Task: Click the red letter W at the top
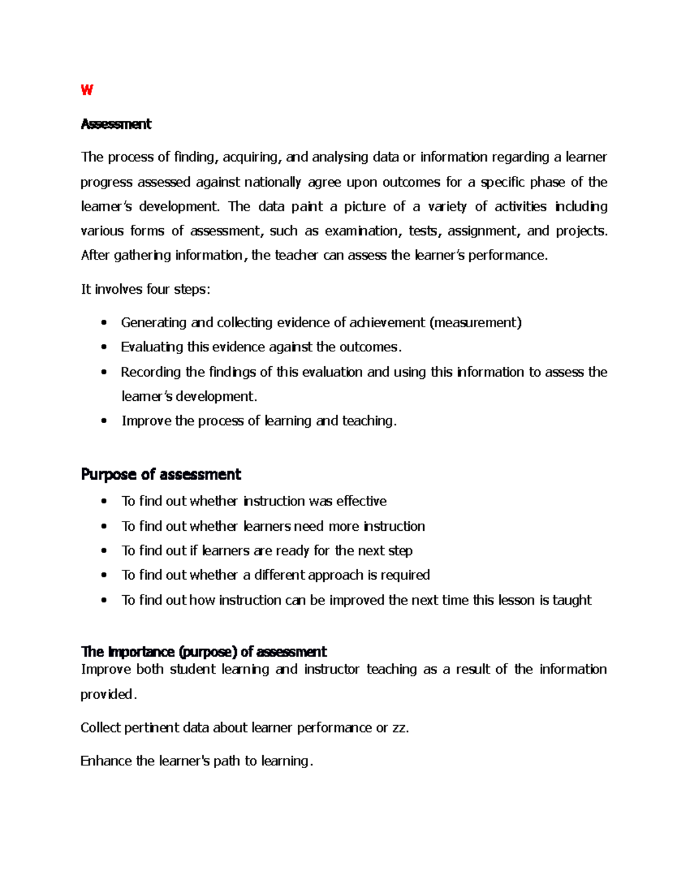[87, 90]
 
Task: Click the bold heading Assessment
[116, 124]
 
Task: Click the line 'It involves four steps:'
[145, 289]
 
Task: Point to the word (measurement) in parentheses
[476, 323]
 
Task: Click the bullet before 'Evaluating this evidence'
[103, 347]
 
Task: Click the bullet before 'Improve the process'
[103, 421]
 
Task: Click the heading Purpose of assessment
[161, 474]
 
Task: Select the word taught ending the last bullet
[572, 600]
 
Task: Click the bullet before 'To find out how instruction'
[103, 600]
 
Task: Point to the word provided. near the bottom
[109, 695]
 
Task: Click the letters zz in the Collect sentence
[399, 728]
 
